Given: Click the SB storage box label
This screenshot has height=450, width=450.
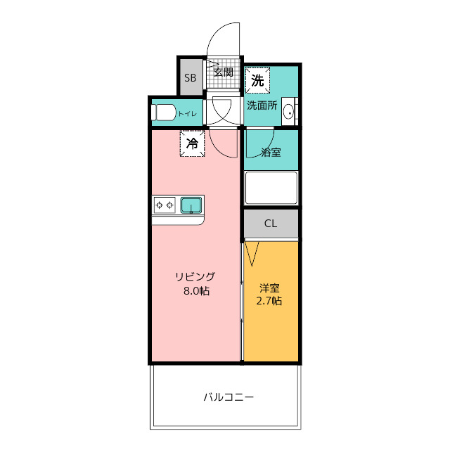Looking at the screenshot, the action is tap(191, 78).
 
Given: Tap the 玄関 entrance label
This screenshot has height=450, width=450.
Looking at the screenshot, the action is tap(224, 72).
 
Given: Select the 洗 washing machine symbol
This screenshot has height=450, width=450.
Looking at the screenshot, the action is tap(257, 80).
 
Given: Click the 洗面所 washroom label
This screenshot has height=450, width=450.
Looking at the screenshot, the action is tap(262, 105).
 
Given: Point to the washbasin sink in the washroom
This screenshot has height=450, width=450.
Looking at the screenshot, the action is tap(288, 111).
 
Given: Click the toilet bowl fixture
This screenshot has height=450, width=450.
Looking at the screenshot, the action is tap(163, 112).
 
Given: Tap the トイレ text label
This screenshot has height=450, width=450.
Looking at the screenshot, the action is tap(188, 114).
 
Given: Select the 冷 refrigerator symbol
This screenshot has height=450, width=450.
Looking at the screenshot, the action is tap(192, 143).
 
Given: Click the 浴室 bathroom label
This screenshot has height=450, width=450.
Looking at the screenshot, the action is tap(271, 152).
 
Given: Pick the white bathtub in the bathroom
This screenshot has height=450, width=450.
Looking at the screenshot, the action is tap(271, 188).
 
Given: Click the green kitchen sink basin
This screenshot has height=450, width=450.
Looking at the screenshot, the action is tap(191, 205).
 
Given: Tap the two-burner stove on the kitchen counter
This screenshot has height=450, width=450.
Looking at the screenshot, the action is tap(165, 205).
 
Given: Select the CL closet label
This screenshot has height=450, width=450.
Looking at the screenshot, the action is tap(270, 224).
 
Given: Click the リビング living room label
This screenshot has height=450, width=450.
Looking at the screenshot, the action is tap(195, 276).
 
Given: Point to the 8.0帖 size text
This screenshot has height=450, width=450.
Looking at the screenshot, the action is tap(197, 291).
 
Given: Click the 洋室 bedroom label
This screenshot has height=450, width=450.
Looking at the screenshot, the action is tap(269, 288).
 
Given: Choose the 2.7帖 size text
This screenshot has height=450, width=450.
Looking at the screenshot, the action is tap(269, 301).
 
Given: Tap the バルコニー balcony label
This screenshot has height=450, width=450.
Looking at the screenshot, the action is tap(229, 397).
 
